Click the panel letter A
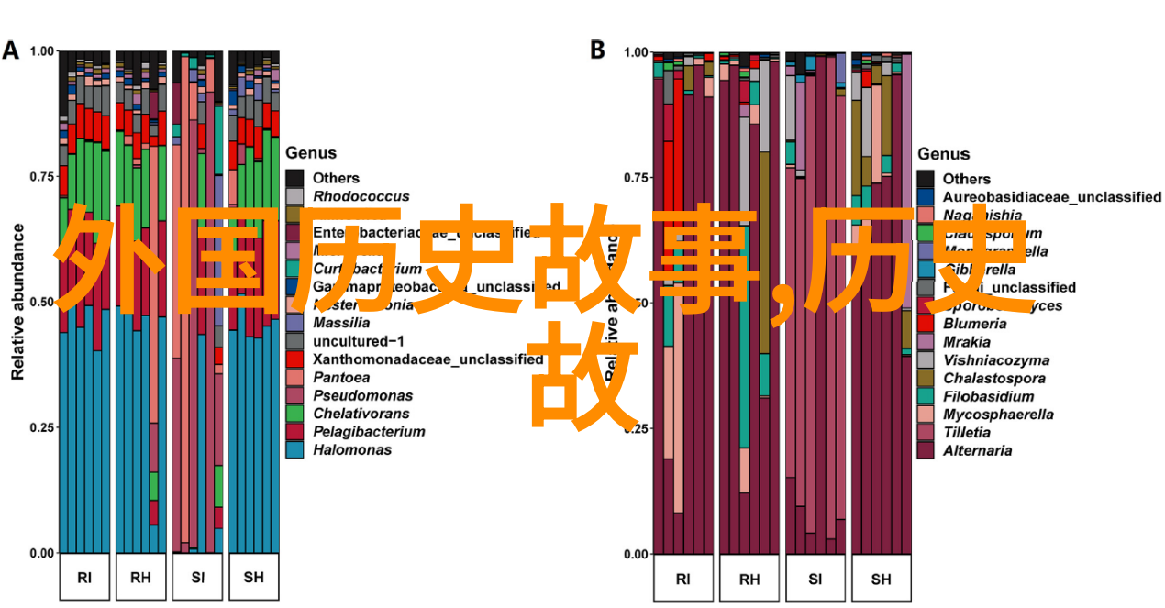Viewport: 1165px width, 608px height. pos(11,50)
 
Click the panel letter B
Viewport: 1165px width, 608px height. pos(597,50)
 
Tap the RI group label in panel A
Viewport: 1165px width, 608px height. pos(84,577)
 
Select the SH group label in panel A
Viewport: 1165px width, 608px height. pos(254,577)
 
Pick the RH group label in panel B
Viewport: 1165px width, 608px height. pos(749,579)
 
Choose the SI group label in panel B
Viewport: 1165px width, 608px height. pos(815,579)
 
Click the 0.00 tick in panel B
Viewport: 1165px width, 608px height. pos(637,554)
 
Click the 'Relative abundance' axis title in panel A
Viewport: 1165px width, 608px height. pos(17,303)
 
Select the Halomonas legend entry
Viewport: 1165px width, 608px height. pos(352,449)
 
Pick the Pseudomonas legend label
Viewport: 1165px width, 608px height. pos(362,395)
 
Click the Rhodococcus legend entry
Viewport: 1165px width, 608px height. pos(361,196)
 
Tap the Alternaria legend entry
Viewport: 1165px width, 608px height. pos(978,450)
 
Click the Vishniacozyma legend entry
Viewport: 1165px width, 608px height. pos(983,360)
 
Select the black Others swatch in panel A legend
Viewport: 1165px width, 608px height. pos(294,178)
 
